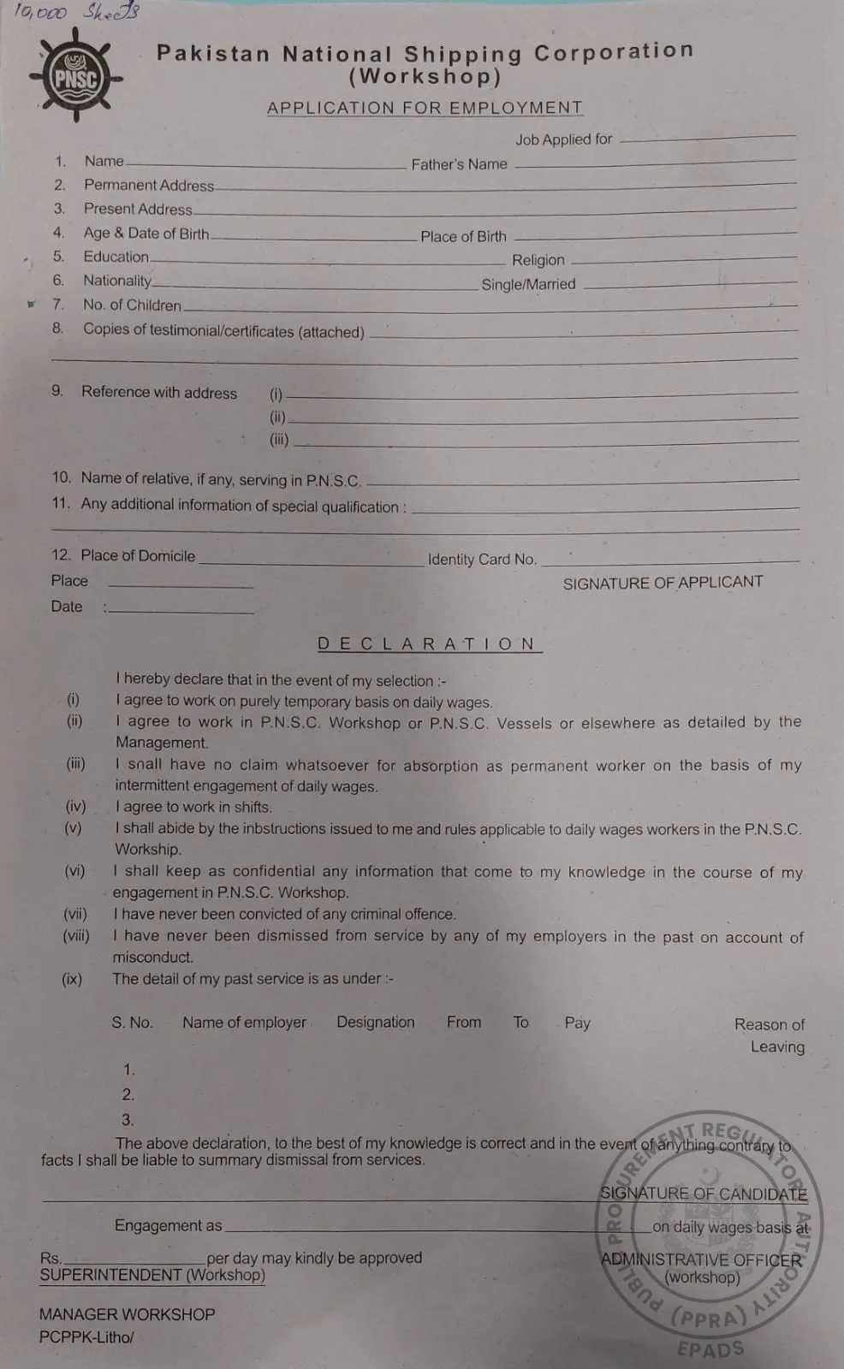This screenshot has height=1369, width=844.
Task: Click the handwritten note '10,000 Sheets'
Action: [76, 12]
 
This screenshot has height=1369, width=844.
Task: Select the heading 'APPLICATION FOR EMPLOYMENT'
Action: [425, 108]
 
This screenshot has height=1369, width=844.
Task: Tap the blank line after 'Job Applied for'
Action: [708, 137]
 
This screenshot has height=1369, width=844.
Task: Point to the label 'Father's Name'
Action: [459, 164]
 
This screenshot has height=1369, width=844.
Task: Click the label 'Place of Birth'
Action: [463, 236]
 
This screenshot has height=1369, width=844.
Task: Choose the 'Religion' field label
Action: [538, 260]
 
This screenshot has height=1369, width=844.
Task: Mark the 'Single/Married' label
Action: [528, 284]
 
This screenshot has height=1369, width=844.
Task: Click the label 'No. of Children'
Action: [132, 305]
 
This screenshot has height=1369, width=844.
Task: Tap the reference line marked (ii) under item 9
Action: [543, 418]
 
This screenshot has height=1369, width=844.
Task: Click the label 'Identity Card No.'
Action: [482, 560]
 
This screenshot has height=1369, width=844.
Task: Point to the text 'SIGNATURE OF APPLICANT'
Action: [663, 583]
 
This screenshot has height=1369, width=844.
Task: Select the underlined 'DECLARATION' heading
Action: [428, 644]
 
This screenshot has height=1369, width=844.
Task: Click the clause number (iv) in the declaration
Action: [75, 806]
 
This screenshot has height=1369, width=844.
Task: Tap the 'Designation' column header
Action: [375, 1022]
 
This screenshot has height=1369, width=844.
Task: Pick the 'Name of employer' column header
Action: [244, 1022]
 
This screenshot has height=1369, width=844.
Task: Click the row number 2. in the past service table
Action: [128, 1094]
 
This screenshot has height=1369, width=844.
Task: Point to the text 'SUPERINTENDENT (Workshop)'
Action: [152, 1275]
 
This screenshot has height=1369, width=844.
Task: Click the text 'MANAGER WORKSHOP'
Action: [127, 1314]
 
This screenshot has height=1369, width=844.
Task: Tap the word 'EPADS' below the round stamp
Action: [710, 1349]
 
